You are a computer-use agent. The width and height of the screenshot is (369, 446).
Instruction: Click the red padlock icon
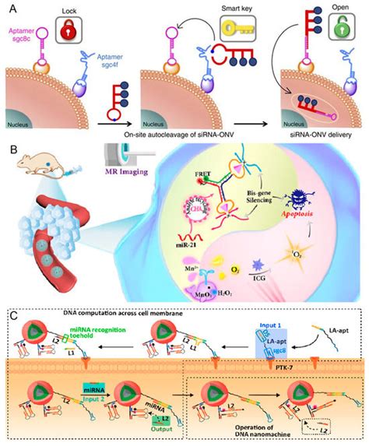click(92, 28)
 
